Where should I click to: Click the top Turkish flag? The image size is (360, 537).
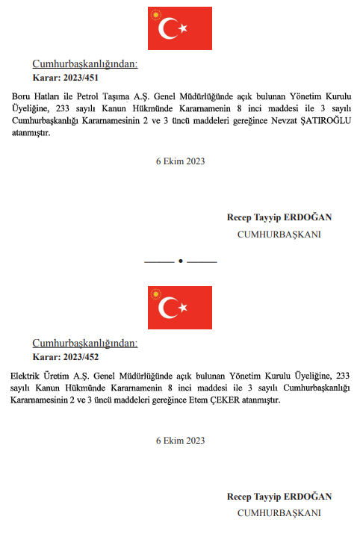[180, 28]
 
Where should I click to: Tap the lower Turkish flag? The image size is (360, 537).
[180, 308]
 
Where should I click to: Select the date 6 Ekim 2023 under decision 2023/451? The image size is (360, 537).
[180, 161]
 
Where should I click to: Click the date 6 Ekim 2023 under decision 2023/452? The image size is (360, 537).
[180, 441]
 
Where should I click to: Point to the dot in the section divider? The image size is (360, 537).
[180, 262]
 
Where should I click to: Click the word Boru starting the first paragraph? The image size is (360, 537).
[22, 97]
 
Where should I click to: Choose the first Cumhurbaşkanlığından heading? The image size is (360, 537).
[84, 64]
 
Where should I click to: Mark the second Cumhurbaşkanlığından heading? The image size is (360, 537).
[84, 344]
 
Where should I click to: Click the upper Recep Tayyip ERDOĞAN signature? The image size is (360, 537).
[279, 217]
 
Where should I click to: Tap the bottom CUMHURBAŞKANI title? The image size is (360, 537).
[279, 513]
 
